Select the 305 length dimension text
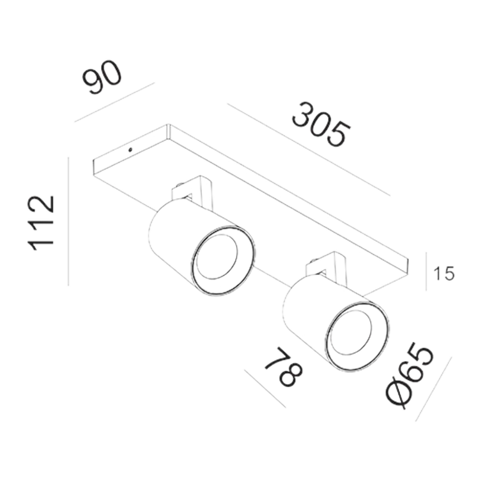coord(321,124)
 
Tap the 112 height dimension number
coord(42,223)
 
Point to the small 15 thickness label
coord(443,274)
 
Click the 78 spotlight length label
coord(283,367)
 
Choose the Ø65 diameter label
coord(409,376)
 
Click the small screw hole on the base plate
coord(130,150)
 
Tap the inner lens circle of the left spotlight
coord(217,257)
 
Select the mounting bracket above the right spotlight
coord(326,267)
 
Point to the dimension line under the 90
coord(114,102)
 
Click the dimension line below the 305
coord(309,150)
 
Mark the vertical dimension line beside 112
coord(68,221)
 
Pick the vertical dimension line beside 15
coord(426,271)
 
